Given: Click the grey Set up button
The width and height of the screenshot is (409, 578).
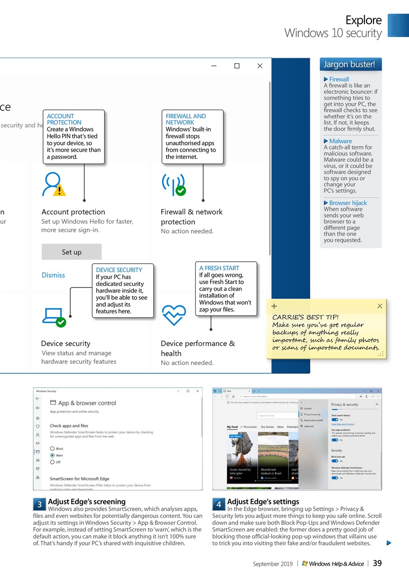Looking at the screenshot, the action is tap(71, 252).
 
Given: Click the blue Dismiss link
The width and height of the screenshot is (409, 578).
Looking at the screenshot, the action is tap(53, 275).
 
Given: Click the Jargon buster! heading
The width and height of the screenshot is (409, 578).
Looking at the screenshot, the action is tap(349, 65).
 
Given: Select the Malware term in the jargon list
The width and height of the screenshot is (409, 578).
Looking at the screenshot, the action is tap(340, 141).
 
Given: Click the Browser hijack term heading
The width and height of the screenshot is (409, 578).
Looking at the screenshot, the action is tap(348, 203).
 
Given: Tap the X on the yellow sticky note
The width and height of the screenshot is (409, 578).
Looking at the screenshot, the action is tap(380, 306).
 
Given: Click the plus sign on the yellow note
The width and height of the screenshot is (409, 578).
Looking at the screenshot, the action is tap(274, 306).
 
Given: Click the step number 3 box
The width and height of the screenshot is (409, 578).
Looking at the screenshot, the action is tap(39, 504).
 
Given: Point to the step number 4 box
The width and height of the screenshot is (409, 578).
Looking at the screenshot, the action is tap(219, 504).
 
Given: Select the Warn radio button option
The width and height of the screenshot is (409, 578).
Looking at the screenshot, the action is tap(52, 455).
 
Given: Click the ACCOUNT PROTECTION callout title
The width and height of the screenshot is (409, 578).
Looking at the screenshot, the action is tap(64, 119).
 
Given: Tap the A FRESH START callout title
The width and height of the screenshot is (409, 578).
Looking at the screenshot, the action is tap(219, 268).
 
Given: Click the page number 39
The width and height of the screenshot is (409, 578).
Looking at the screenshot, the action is tap(377, 563).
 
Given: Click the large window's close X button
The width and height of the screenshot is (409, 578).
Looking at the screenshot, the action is tap(260, 66).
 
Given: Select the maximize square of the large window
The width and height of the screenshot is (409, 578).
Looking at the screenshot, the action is tap(237, 66).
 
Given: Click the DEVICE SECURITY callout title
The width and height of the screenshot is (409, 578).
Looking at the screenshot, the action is tap(119, 270).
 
